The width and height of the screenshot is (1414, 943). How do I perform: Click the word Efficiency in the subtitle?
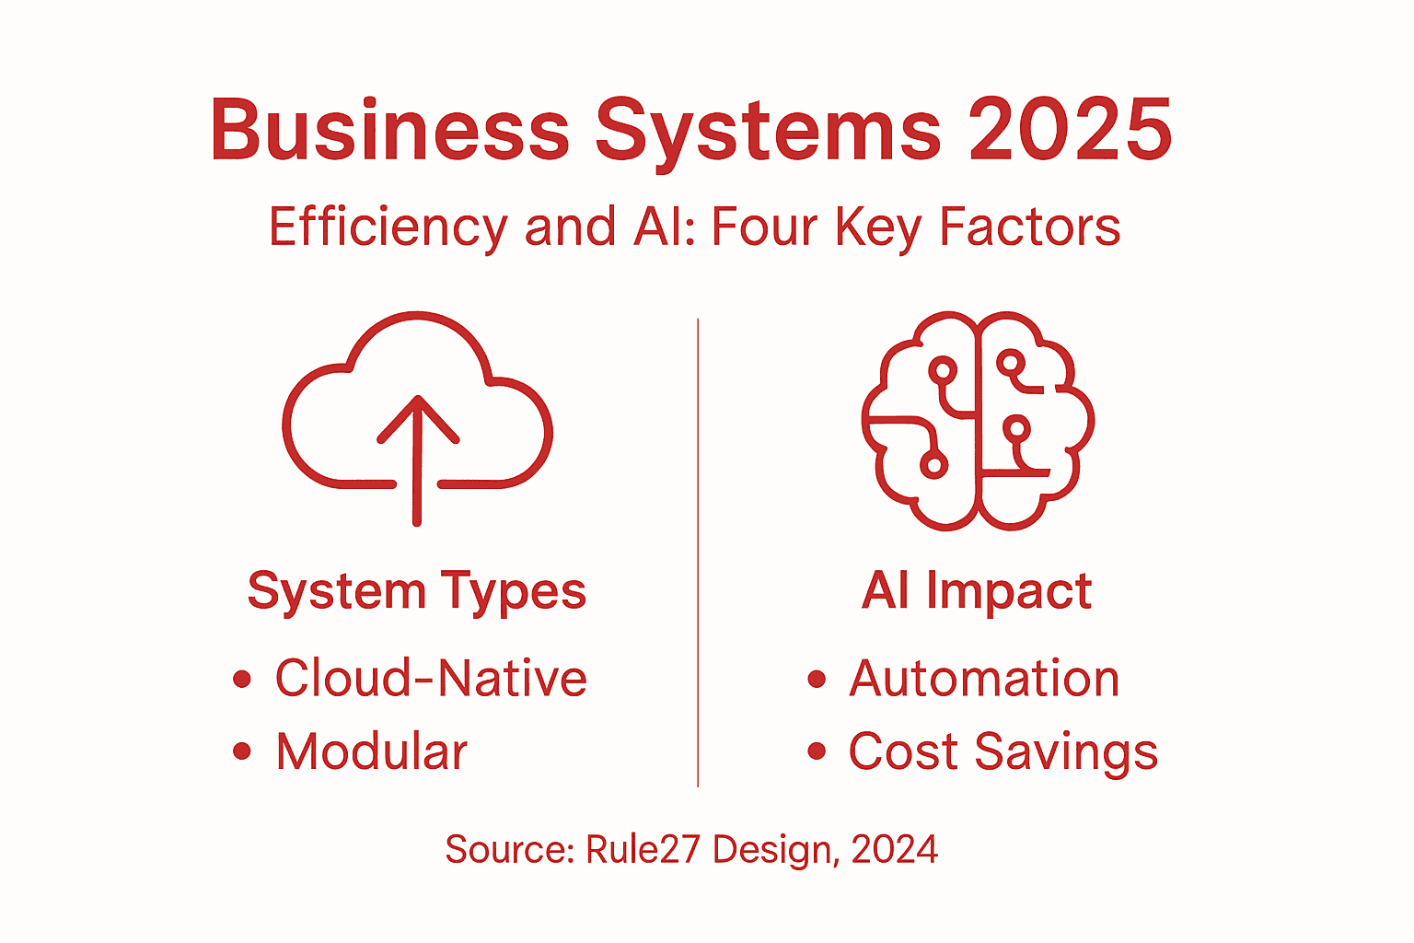[388, 227]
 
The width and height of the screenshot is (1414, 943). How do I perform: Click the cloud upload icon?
[417, 414]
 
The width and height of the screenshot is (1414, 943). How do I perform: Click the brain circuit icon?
[978, 420]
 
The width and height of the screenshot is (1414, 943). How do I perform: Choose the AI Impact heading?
[977, 590]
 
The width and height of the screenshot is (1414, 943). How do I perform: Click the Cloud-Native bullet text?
[431, 679]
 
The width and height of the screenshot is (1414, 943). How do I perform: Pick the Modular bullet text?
[372, 751]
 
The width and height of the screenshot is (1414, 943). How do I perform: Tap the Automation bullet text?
[984, 679]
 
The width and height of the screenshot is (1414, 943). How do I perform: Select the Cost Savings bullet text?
[1003, 752]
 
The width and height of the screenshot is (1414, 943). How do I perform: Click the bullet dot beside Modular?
[242, 751]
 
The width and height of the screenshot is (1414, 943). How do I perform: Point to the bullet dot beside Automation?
[817, 680]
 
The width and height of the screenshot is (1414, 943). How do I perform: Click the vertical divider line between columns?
[698, 553]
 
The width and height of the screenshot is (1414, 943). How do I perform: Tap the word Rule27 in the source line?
[643, 849]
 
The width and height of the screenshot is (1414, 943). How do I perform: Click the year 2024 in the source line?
[895, 849]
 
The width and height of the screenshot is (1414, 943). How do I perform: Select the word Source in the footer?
[509, 849]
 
